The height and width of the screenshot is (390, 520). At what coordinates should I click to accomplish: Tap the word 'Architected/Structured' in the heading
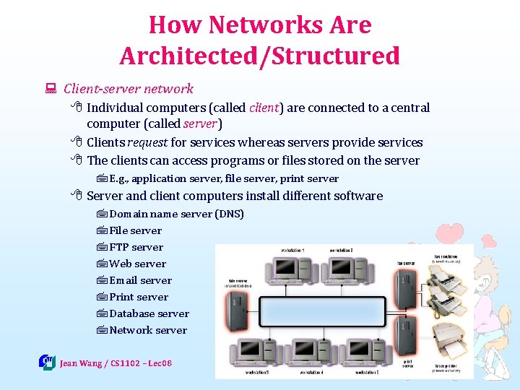click(x=260, y=56)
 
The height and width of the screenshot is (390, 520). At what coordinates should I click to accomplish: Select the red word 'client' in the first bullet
click(x=264, y=108)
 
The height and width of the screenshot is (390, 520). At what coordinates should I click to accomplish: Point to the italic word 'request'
click(x=147, y=142)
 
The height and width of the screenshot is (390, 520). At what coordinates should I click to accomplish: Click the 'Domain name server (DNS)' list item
click(x=176, y=214)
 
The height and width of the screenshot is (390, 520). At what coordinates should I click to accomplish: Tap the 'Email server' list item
click(x=140, y=280)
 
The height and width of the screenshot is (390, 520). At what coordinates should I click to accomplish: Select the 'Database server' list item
click(x=149, y=313)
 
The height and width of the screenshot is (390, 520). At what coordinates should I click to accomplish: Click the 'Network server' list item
click(x=148, y=330)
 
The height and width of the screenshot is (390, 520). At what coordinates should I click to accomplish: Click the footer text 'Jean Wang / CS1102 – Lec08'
click(x=116, y=363)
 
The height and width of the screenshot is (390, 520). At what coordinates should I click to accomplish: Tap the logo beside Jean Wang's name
click(x=47, y=362)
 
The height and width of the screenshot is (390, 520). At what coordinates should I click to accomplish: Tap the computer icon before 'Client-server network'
click(x=51, y=90)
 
